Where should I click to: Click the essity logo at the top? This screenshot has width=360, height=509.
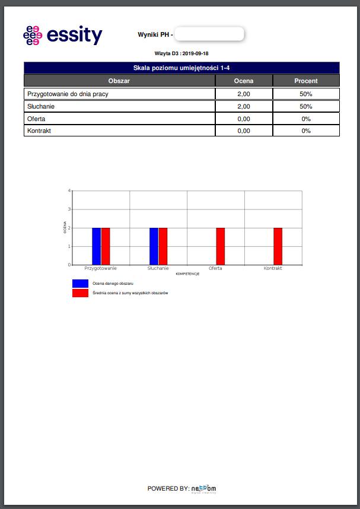click(62, 36)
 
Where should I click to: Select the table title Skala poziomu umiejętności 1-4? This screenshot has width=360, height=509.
click(181, 68)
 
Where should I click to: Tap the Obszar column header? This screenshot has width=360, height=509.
click(119, 81)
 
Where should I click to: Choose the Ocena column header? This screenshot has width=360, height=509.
click(243, 81)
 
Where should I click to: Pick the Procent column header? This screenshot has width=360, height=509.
click(306, 81)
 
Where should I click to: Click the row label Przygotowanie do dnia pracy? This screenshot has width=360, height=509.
click(68, 94)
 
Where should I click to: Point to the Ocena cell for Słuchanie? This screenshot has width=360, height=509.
click(243, 107)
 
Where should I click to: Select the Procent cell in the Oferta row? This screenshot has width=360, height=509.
click(306, 119)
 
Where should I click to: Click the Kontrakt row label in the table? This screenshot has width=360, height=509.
click(39, 131)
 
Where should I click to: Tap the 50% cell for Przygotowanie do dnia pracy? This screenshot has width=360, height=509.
click(306, 94)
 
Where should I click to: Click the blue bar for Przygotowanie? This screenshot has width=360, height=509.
click(96, 246)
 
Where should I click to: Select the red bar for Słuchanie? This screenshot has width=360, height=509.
click(163, 246)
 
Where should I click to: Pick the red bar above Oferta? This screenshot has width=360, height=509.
click(220, 246)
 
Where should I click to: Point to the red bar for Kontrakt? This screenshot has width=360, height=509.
click(278, 246)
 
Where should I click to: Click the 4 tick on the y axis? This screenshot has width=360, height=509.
click(69, 191)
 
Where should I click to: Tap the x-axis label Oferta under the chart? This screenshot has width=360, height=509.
click(215, 269)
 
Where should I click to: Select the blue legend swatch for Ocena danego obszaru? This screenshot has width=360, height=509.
click(80, 284)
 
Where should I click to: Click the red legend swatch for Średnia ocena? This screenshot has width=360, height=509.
click(80, 293)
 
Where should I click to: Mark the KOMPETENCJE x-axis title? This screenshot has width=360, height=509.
click(187, 274)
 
